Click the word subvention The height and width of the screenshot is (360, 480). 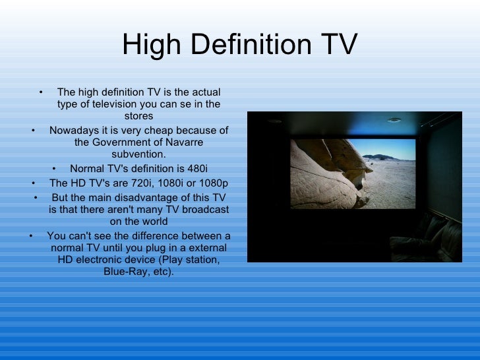pyautogui.click(x=138, y=154)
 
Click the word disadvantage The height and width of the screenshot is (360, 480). pyautogui.click(x=156, y=198)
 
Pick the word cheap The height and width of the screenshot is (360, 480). pyautogui.click(x=160, y=131)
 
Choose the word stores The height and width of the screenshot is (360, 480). pyautogui.click(x=138, y=117)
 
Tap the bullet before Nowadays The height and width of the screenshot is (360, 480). pyautogui.click(x=34, y=131)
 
